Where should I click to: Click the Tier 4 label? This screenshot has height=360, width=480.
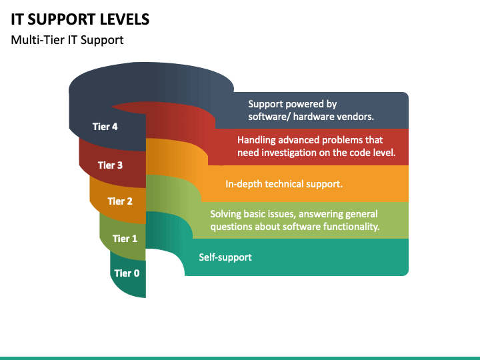105,127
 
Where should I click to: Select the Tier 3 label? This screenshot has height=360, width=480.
110,165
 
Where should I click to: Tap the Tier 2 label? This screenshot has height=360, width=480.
120,201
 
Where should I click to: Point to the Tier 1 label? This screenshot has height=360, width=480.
125,239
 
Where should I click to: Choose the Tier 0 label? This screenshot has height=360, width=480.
127,273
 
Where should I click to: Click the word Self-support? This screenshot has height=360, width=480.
225,257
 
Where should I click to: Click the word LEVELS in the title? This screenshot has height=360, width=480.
125,19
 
